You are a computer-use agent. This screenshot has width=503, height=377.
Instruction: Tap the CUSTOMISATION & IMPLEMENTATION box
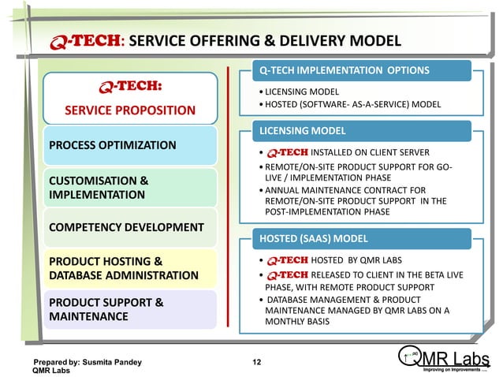pos(128,187)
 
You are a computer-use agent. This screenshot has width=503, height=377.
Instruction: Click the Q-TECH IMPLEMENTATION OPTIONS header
pos(345,70)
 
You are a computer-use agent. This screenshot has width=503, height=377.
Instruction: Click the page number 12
pos(256,362)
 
